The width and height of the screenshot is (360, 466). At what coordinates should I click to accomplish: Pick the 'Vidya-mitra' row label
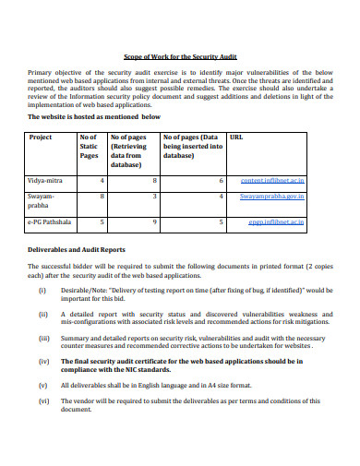tap(46, 182)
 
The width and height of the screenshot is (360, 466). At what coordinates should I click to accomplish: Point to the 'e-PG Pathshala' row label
tap(51, 222)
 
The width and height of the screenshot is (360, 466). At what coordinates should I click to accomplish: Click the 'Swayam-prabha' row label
tap(42, 202)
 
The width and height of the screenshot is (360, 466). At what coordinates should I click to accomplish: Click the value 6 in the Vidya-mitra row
tap(221, 182)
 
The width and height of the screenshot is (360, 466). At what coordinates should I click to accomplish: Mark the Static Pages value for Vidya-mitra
tap(101, 182)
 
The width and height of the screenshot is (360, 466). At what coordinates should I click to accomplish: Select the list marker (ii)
tap(42, 315)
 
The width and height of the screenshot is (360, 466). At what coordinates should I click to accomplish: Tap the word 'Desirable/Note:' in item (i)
tap(84, 290)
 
